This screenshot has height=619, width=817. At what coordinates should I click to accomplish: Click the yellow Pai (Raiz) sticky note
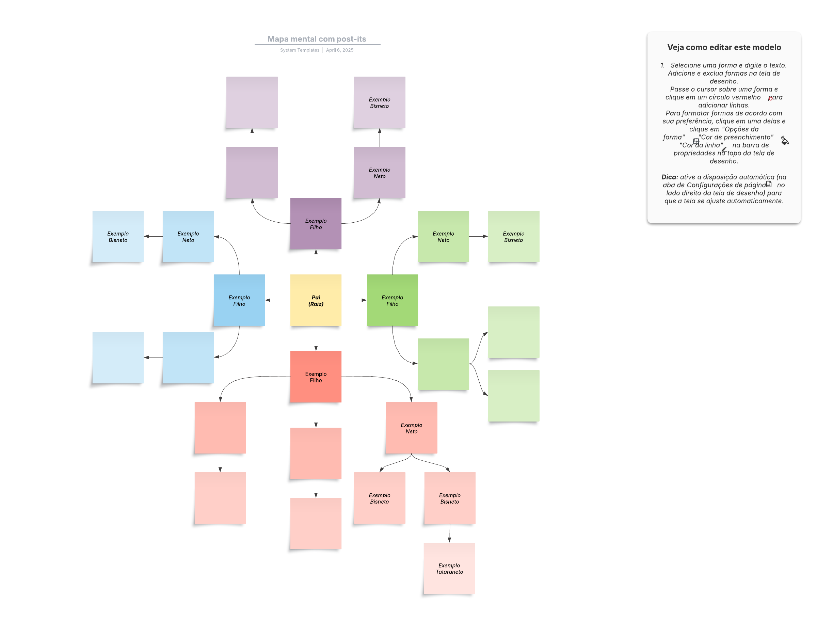point(316,300)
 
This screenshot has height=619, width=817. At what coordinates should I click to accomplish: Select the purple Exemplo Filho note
point(316,223)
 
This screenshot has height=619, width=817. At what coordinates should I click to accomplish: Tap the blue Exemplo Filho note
point(239,300)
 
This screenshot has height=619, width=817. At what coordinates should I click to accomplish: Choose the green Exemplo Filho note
point(392,300)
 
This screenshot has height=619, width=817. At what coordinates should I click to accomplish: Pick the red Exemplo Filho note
point(316,377)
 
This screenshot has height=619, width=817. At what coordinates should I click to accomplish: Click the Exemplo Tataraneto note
point(449,568)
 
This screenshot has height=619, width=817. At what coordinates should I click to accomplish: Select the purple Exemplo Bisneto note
point(380,102)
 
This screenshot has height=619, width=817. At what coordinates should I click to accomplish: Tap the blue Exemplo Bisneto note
point(118,236)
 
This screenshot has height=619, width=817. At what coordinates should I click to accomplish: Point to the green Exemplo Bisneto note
point(514,236)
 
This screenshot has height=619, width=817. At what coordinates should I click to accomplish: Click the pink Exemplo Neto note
point(412,428)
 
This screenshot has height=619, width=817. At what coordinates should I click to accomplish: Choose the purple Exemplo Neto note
point(380,173)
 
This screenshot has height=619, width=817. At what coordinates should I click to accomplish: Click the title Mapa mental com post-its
point(317,39)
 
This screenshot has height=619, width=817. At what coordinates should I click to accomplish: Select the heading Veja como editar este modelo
point(724,47)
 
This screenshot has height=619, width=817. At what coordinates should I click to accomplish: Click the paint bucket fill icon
point(785,140)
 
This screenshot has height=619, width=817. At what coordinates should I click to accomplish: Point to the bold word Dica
point(669,177)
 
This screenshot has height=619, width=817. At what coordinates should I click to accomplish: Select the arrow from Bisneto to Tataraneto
point(449,533)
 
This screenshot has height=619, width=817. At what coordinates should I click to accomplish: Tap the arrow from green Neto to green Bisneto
point(479,236)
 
